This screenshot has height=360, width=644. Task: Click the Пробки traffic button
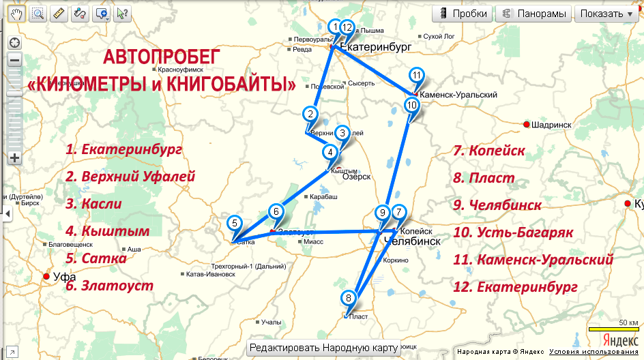[465, 14]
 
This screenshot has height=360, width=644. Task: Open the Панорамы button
[533, 14]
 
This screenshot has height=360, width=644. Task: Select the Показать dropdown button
[607, 14]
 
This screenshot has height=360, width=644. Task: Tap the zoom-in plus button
[14, 158]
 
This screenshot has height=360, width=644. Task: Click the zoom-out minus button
[14, 59]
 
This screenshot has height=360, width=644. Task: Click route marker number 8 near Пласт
[349, 298]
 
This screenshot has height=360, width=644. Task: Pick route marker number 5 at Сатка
[234, 223]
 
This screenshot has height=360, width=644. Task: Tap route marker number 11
[417, 75]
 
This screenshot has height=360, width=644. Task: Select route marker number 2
[310, 115]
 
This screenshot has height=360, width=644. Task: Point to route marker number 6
[276, 211]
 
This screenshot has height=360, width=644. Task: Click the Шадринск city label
[553, 124]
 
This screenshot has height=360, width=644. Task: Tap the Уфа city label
[64, 277]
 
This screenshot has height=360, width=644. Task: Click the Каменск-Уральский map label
[458, 95]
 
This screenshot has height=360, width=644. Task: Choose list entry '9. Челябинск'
[497, 205]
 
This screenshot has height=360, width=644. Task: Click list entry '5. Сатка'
[96, 258]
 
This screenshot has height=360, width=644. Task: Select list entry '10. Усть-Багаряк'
[512, 232]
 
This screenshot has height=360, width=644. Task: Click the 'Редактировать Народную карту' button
[323, 348]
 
